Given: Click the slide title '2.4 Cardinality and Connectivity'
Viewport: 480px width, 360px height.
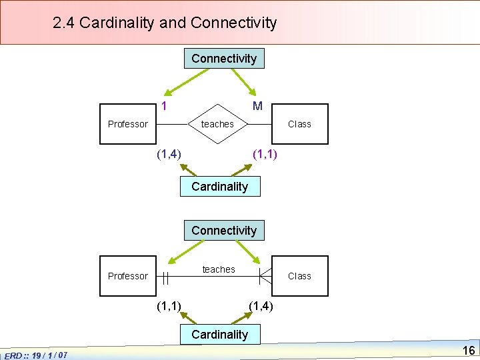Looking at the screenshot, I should pyautogui.click(x=165, y=23).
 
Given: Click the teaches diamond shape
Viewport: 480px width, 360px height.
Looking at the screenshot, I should pyautogui.click(x=217, y=124).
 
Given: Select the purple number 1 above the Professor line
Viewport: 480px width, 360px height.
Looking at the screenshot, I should pyautogui.click(x=164, y=106).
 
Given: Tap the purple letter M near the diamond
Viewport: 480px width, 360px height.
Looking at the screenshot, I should pyautogui.click(x=257, y=106).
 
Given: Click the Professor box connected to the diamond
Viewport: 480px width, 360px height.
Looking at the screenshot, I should pyautogui.click(x=128, y=124).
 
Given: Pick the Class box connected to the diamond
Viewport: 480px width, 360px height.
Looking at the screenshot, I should pyautogui.click(x=299, y=124).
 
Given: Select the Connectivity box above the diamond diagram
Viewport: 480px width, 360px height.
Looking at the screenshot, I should pyautogui.click(x=224, y=59).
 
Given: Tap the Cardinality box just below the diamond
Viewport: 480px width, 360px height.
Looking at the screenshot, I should pyautogui.click(x=219, y=187).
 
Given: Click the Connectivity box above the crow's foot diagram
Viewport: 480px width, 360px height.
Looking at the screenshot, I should pyautogui.click(x=224, y=231).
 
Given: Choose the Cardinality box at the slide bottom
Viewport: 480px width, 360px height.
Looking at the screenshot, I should pyautogui.click(x=219, y=335).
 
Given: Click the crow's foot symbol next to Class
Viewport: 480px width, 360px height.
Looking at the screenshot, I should pyautogui.click(x=265, y=276).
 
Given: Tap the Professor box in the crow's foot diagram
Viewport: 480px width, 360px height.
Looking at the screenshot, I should pyautogui.click(x=128, y=276).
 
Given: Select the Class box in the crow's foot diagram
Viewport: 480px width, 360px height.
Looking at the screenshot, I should pyautogui.click(x=299, y=276).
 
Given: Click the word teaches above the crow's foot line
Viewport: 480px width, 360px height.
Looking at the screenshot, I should pyautogui.click(x=219, y=269).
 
